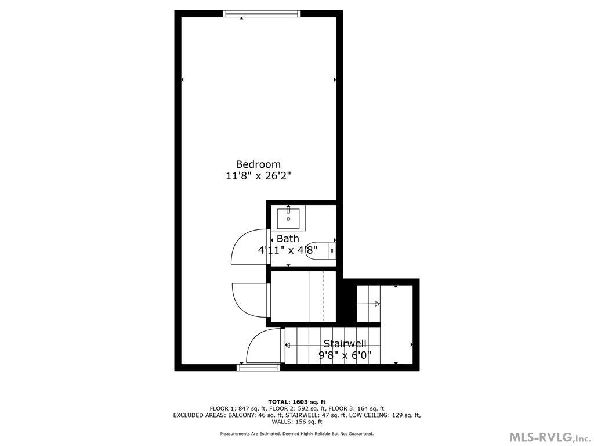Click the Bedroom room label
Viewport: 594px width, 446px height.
tap(258, 164)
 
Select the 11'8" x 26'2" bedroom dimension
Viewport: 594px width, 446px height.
tap(258, 176)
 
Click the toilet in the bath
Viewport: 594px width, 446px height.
tap(322, 250)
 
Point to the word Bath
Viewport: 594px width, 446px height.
tap(288, 239)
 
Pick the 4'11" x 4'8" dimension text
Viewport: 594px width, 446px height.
tap(288, 251)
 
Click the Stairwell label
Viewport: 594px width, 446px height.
tap(345, 343)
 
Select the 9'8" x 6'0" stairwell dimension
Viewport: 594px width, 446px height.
tap(345, 355)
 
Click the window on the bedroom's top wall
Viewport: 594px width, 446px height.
tap(262, 14)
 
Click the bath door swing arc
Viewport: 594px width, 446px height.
tap(248, 247)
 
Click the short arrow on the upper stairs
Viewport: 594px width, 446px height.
tap(368, 304)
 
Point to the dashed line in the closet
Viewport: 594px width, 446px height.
tap(323, 296)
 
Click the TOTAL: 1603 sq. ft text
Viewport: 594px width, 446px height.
tap(296, 402)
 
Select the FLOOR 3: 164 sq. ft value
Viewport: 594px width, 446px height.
tap(360, 409)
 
